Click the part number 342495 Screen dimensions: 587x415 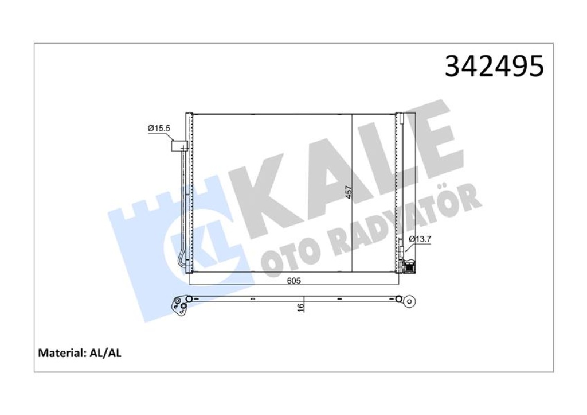coord(494,67)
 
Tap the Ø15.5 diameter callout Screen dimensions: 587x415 coord(159,128)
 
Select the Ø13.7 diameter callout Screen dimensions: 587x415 coord(420,238)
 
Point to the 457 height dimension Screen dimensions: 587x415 coord(349,192)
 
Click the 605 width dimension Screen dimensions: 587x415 coord(293,281)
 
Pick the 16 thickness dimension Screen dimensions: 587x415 coord(300,308)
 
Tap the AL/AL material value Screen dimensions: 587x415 coord(105,353)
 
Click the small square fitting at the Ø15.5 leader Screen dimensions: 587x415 coord(179,146)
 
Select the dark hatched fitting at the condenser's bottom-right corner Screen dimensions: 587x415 coord(409,266)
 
